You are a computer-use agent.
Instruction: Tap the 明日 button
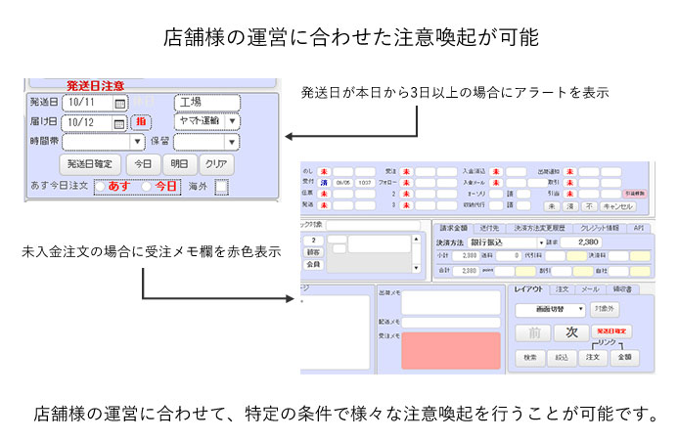click(x=178, y=163)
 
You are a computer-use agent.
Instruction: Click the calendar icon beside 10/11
click(x=120, y=103)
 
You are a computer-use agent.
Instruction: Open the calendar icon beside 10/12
click(x=118, y=123)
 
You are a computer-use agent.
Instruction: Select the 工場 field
click(x=206, y=102)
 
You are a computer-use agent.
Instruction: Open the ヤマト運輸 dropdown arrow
click(x=232, y=122)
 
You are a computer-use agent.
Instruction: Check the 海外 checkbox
click(x=221, y=186)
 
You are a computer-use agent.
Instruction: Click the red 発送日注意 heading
click(x=96, y=86)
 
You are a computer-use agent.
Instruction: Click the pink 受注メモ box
click(x=443, y=350)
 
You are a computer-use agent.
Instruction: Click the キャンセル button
click(x=618, y=206)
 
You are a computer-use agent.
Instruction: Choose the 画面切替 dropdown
click(x=550, y=309)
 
